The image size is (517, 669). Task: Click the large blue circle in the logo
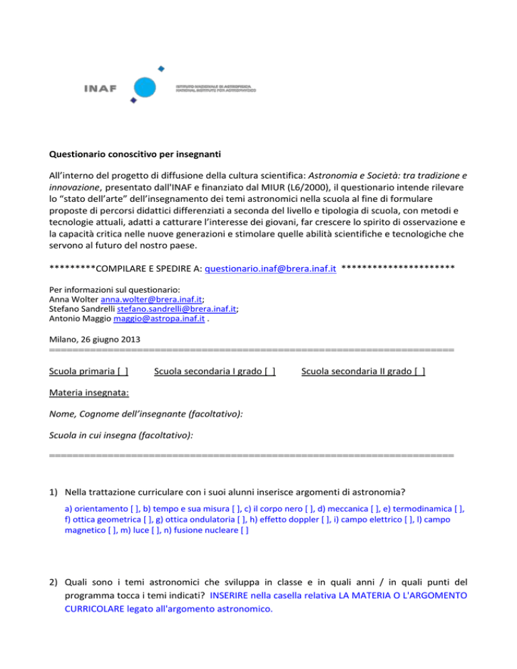coord(147,87)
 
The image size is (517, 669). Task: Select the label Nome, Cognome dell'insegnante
coord(146,415)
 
